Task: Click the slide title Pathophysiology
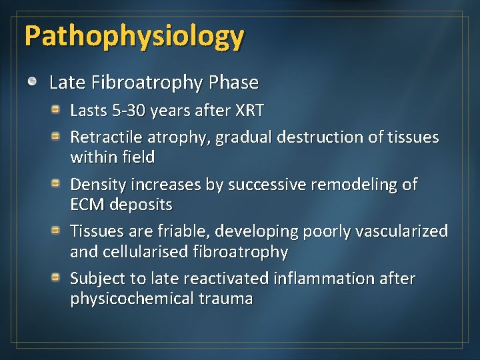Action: pyautogui.click(x=134, y=37)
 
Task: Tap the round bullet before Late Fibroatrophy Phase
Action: pyautogui.click(x=33, y=82)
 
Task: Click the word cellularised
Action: pyautogui.click(x=149, y=252)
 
